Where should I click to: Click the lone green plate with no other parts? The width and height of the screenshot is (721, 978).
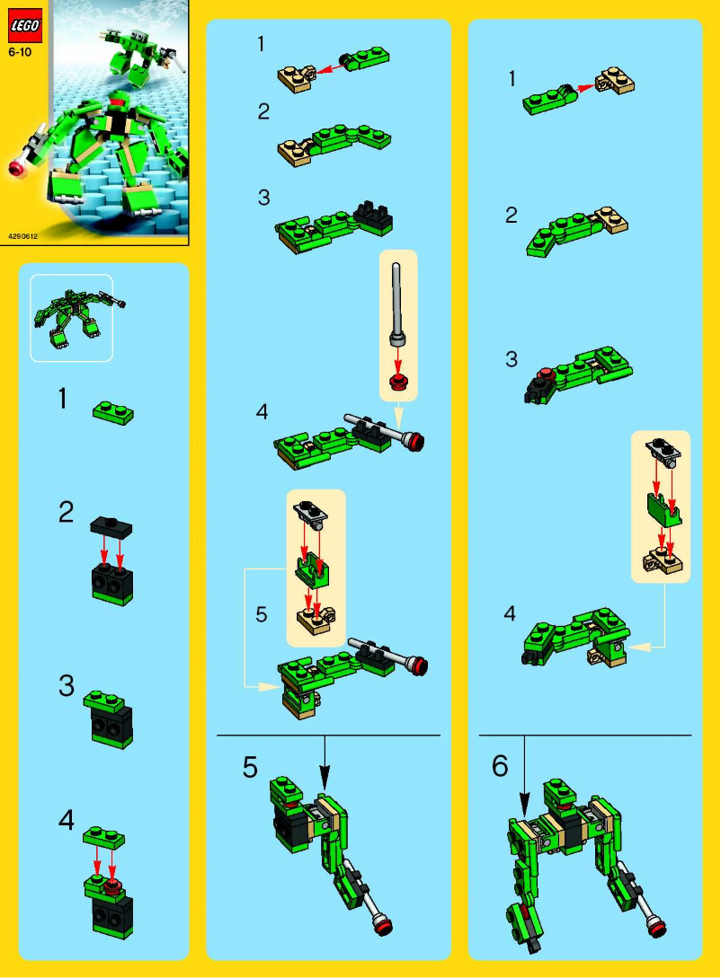(113, 412)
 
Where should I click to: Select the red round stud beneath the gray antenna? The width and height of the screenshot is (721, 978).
(398, 383)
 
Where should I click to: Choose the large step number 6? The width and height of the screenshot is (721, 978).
(500, 766)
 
